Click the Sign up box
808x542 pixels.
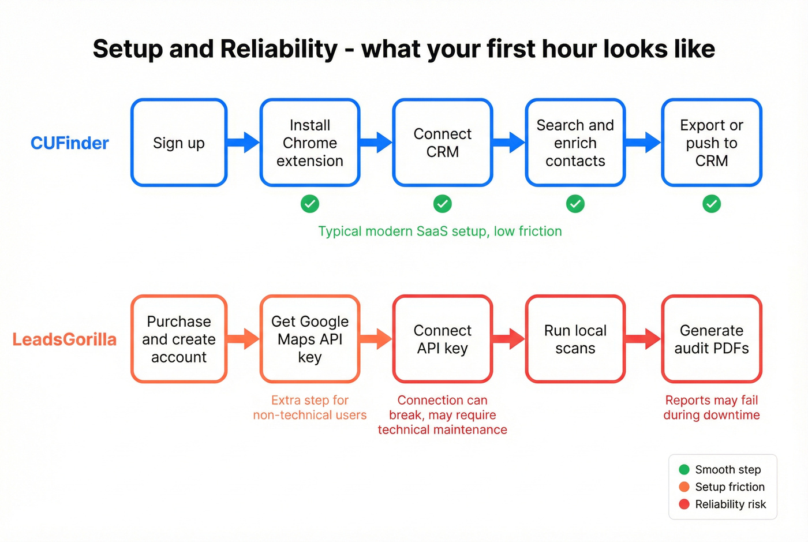coord(179,143)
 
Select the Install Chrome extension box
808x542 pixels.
coord(310,143)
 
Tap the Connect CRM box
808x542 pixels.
coord(443,143)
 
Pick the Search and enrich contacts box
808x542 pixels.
coord(575,143)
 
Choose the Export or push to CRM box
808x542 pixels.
coord(712,143)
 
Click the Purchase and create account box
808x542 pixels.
coord(179,339)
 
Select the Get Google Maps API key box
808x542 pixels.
coord(310,339)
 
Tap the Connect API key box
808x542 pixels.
coord(443,339)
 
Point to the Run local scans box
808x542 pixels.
coord(575,339)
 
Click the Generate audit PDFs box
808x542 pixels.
coord(712,339)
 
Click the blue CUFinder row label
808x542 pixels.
coord(69,143)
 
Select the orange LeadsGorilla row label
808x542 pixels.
coord(65,339)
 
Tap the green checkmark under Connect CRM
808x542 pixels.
coord(443,204)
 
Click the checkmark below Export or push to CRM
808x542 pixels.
coord(712,204)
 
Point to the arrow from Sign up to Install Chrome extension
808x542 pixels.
coord(244,142)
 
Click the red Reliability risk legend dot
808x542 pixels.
coord(684,504)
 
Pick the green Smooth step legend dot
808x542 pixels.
coord(684,469)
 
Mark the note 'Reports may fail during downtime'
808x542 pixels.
coord(712,408)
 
